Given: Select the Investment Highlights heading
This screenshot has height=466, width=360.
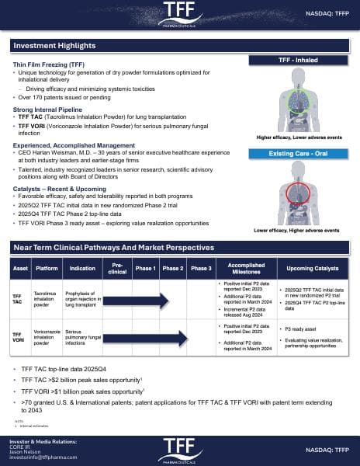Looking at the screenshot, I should (55, 46).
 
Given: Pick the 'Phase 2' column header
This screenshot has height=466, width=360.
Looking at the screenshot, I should (172, 268).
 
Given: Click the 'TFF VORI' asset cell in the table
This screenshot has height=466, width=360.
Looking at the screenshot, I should (19, 336).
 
